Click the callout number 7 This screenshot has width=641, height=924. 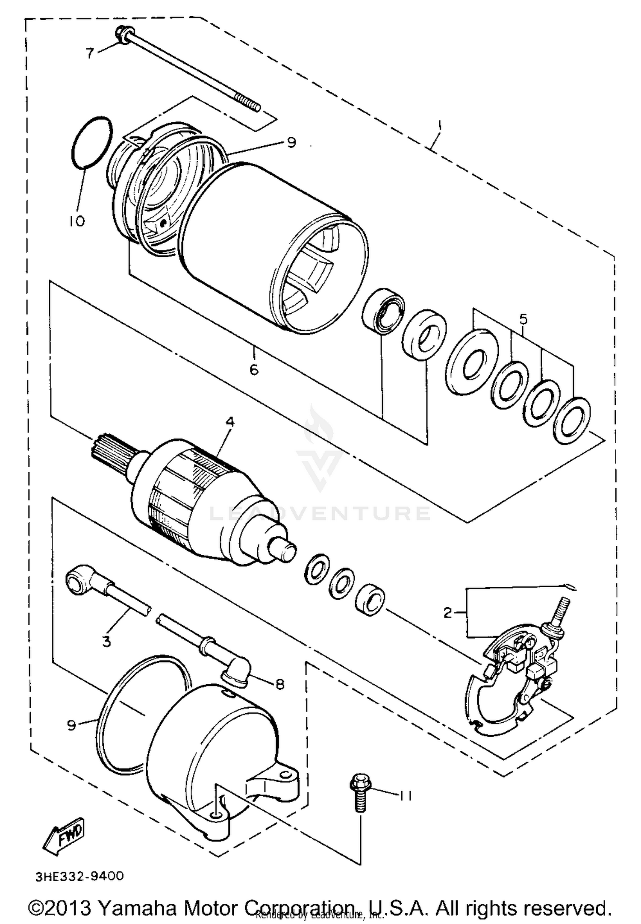pos(89,53)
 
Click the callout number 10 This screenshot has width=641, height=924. pos(77,221)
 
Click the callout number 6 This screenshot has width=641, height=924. pos(254,369)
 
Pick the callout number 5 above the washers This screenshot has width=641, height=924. pos(523,319)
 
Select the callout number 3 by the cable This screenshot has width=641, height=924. pos(106,641)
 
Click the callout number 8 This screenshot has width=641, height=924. pos(279,684)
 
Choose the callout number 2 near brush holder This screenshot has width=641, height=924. pos(447,613)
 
